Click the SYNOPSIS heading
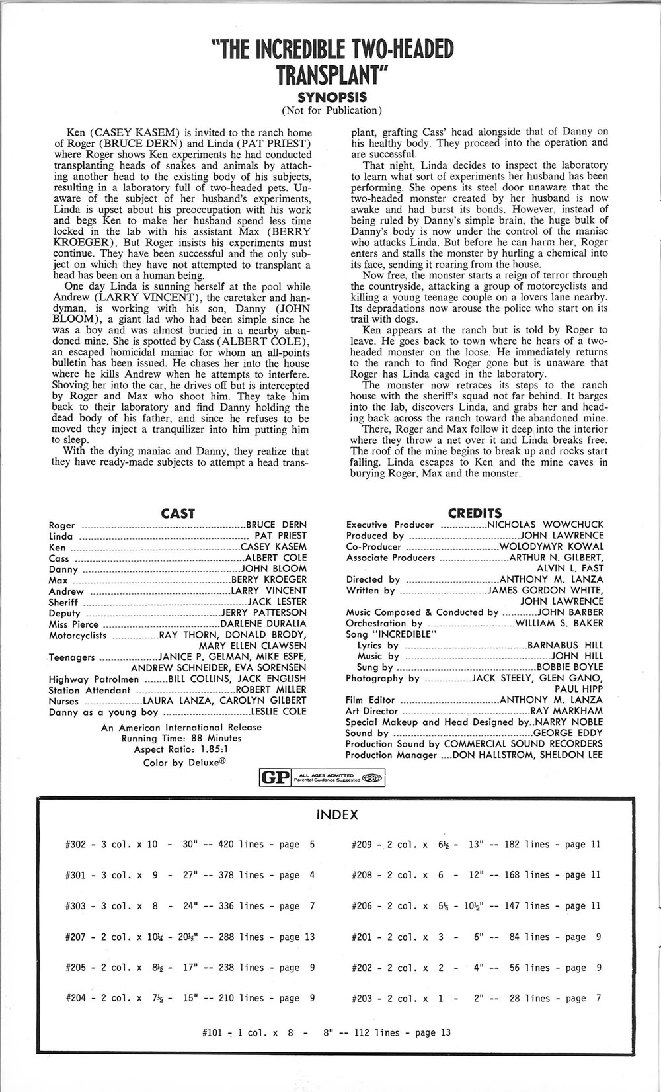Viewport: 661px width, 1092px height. click(x=331, y=97)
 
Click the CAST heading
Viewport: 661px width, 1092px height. click(x=178, y=513)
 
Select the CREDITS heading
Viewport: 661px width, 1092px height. click(x=475, y=513)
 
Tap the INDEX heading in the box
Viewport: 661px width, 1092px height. click(x=337, y=815)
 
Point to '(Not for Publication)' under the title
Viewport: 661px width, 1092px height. click(x=332, y=110)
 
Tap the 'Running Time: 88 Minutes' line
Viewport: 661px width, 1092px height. click(x=181, y=738)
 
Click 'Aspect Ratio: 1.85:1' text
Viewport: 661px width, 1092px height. click(x=181, y=749)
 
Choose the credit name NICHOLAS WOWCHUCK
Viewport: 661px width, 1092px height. click(x=545, y=525)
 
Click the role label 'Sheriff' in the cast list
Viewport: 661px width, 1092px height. click(x=63, y=602)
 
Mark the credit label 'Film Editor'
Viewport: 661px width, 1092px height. click(x=370, y=700)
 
